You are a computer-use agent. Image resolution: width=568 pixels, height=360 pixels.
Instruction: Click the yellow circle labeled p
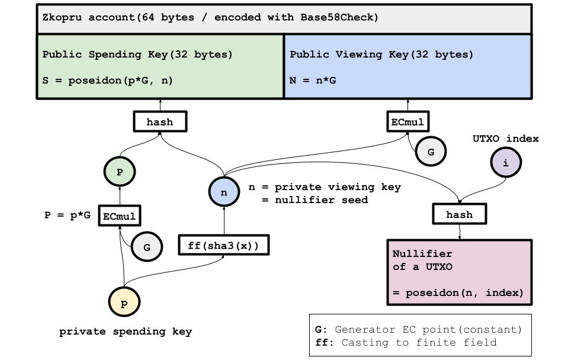tap(124, 302)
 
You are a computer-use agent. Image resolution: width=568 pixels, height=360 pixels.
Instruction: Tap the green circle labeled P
tap(120, 172)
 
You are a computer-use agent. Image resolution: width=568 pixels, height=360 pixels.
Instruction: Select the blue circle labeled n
tap(224, 192)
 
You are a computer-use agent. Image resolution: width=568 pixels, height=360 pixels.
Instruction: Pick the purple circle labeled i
tap(506, 162)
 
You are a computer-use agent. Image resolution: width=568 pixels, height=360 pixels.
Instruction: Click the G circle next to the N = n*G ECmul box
tap(431, 152)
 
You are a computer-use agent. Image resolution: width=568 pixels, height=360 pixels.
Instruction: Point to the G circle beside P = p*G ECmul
tap(147, 247)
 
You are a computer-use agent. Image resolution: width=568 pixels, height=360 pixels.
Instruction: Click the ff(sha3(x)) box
tap(224, 245)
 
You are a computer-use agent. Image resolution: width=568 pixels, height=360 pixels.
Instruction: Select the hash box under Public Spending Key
tap(160, 122)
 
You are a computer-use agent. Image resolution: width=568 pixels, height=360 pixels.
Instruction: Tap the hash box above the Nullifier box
tap(460, 214)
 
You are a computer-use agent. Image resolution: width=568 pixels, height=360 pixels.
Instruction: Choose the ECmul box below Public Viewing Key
tap(408, 122)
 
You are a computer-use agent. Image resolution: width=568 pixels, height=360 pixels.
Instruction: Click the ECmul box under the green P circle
tap(120, 216)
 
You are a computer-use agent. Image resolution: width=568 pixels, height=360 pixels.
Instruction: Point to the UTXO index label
tap(506, 139)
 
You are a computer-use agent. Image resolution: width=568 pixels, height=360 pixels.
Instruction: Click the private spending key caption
tap(126, 332)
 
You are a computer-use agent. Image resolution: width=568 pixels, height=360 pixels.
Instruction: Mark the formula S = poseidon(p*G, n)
tap(108, 81)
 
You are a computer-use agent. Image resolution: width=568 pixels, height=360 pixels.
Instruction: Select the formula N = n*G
tap(313, 81)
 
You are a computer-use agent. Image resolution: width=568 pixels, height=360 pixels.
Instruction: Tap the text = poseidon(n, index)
tap(458, 292)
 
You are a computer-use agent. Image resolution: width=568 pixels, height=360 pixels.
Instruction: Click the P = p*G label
tap(68, 215)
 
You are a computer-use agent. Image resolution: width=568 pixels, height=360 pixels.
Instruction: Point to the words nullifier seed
tap(321, 200)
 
